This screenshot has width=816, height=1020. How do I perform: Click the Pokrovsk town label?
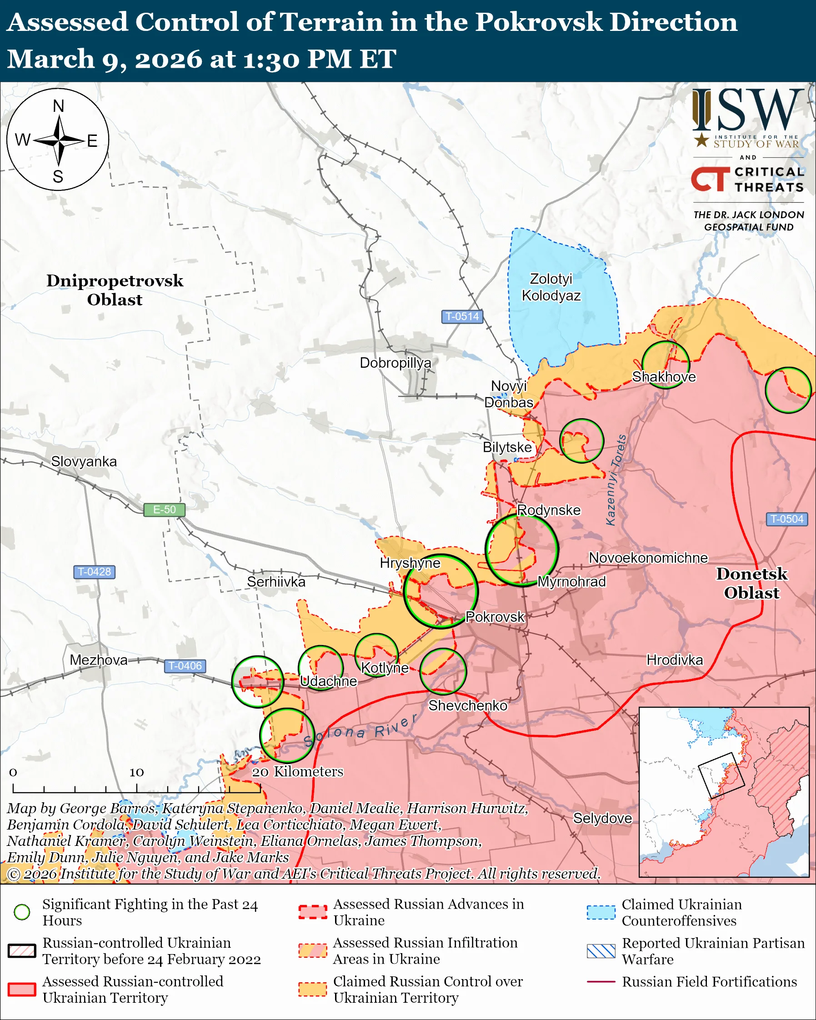(495, 617)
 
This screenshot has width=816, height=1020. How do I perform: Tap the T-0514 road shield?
(462, 316)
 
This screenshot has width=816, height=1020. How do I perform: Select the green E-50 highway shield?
(164, 510)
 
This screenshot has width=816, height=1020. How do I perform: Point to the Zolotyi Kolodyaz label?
(551, 287)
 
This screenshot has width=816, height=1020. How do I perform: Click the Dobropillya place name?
(395, 363)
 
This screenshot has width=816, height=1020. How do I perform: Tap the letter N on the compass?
(58, 106)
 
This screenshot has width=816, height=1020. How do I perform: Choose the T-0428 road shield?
(94, 571)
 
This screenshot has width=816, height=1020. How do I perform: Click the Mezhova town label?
(98, 660)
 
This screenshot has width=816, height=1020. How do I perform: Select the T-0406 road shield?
(185, 665)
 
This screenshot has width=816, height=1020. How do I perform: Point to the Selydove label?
(602, 818)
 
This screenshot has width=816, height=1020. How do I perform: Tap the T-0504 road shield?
(786, 519)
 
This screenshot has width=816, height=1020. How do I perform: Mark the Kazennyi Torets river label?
(616, 480)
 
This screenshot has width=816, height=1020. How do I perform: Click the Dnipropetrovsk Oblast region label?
(115, 290)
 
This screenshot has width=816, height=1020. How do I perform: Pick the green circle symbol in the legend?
(22, 912)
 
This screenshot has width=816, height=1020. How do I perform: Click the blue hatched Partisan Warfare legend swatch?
(601, 951)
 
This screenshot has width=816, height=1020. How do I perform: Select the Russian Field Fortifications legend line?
(601, 982)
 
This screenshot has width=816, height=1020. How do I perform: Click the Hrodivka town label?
(675, 660)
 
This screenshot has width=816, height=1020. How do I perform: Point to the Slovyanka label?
(84, 461)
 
